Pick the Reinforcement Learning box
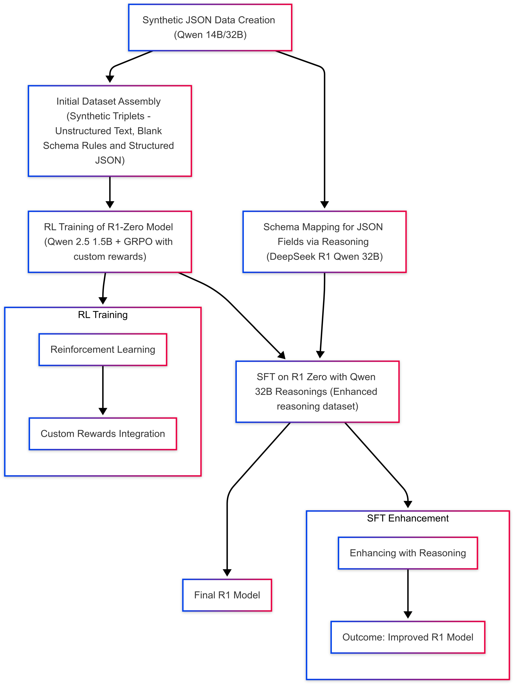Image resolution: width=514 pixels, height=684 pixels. click(103, 349)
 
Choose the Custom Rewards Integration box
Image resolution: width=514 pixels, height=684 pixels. click(103, 433)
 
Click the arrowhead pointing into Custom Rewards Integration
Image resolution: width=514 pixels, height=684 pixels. click(103, 411)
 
